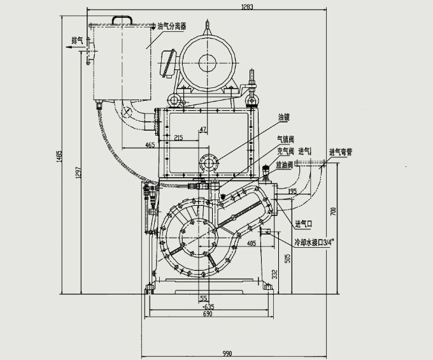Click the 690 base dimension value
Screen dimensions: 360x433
tap(207, 314)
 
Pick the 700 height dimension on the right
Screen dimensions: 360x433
tap(333, 210)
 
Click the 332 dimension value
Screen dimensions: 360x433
tap(274, 275)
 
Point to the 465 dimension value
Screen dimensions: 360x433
tap(150, 145)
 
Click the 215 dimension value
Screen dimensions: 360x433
tap(178, 137)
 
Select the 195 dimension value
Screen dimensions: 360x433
tap(292, 191)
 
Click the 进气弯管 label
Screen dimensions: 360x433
tap(342, 152)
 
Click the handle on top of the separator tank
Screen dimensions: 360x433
tap(124, 20)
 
